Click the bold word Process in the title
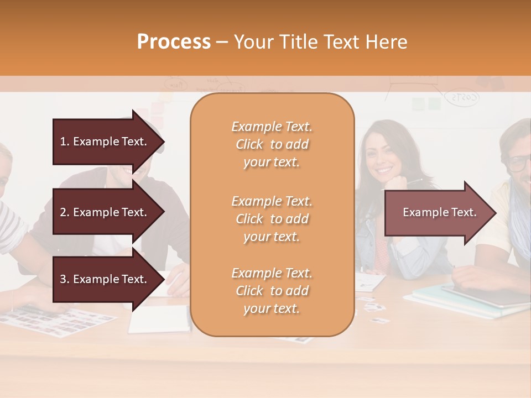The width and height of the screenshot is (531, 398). pyautogui.click(x=174, y=42)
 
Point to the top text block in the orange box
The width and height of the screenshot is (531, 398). pyautogui.click(x=272, y=144)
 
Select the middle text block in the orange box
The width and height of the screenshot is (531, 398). pyautogui.click(x=272, y=219)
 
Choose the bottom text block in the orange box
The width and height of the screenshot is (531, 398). pyautogui.click(x=272, y=291)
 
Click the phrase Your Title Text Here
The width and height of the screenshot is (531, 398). pyautogui.click(x=320, y=42)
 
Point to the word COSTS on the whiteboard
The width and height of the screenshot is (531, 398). pyautogui.click(x=462, y=98)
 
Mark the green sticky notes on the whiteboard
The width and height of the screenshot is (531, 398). pyautogui.click(x=426, y=104)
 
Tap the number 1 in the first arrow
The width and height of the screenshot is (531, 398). pyautogui.click(x=63, y=142)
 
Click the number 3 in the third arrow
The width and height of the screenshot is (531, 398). pyautogui.click(x=63, y=279)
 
